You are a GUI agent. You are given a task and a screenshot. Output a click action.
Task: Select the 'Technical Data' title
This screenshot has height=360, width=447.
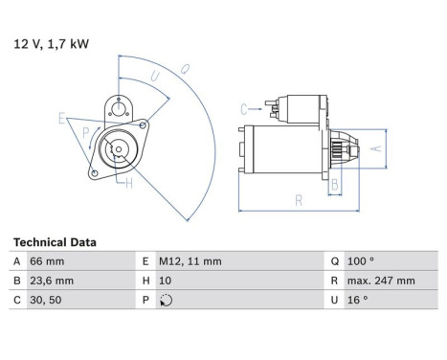(x=55, y=242)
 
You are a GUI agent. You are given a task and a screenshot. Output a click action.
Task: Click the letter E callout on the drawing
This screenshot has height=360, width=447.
(x=61, y=119)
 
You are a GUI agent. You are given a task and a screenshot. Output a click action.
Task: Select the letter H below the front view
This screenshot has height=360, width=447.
(x=128, y=185)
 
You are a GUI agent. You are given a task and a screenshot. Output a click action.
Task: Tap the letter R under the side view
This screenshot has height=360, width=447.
(x=300, y=200)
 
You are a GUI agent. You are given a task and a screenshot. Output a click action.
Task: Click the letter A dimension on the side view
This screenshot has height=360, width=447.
(x=377, y=148)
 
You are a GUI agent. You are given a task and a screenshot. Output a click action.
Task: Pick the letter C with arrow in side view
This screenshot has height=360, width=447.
(x=243, y=108)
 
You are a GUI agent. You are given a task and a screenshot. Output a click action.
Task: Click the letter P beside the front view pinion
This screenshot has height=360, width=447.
(x=86, y=133)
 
